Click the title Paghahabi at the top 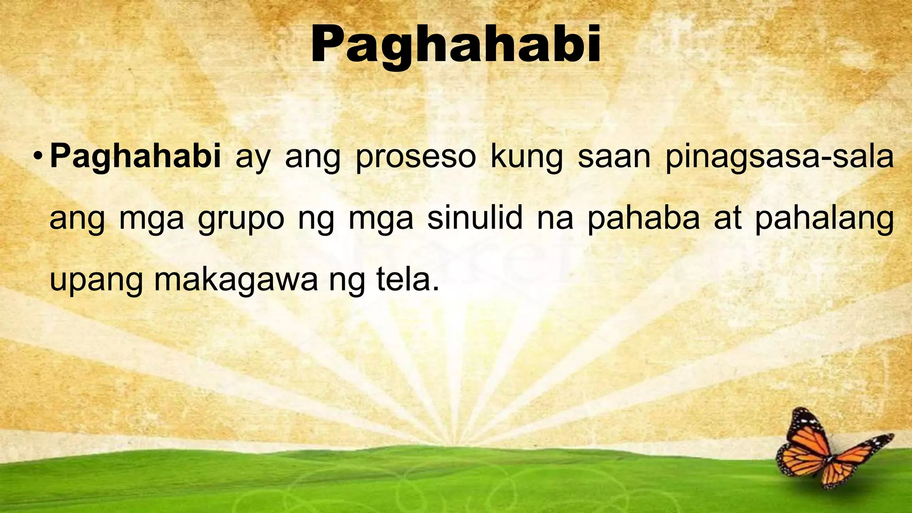click(x=456, y=45)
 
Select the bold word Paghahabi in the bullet click(x=135, y=157)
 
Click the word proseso click(x=415, y=158)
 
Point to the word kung click(x=526, y=158)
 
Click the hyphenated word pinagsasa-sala click(x=779, y=158)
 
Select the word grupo click(x=241, y=219)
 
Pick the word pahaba click(x=643, y=219)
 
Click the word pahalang click(x=824, y=219)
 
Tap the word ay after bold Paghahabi click(x=252, y=159)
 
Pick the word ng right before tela click(x=347, y=281)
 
